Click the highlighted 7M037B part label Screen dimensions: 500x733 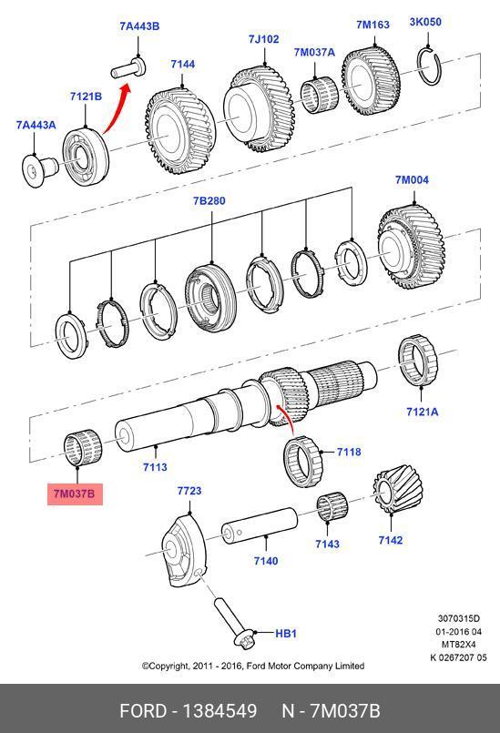click(75, 494)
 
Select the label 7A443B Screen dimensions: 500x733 click(139, 25)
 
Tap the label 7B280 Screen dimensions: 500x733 click(209, 200)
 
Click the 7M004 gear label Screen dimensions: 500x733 click(412, 179)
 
